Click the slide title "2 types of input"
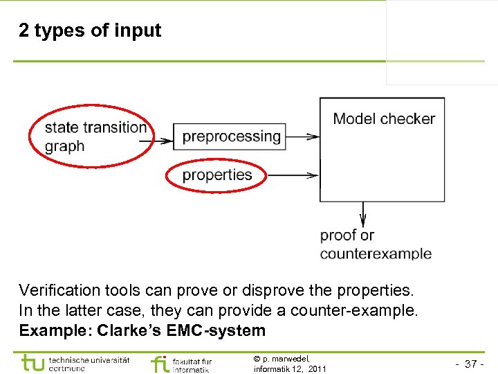90,30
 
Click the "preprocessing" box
231,136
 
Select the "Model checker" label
384,118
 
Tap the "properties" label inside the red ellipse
216,175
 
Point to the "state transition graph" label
95,136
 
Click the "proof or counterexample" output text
375,244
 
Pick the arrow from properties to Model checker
293,175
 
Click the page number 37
472,364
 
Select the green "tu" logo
33,362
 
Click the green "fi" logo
159,364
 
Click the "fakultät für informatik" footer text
192,365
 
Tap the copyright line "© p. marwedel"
282,359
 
